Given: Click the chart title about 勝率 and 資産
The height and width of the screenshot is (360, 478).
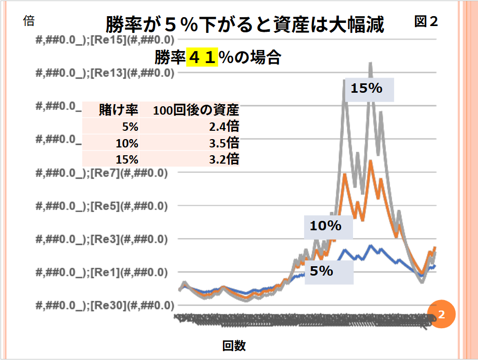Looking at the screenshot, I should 245,24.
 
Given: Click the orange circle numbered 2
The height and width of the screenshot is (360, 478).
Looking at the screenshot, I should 441,314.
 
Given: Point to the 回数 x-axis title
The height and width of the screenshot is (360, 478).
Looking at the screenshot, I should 234,345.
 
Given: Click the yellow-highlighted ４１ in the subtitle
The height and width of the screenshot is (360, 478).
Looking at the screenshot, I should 202,57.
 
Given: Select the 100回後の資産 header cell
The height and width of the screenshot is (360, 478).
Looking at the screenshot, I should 196,110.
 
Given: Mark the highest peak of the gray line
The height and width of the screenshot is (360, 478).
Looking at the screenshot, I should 371,64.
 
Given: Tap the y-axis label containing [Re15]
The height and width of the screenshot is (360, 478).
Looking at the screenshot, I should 105,40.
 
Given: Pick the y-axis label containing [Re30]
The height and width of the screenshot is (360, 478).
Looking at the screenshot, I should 105,305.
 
